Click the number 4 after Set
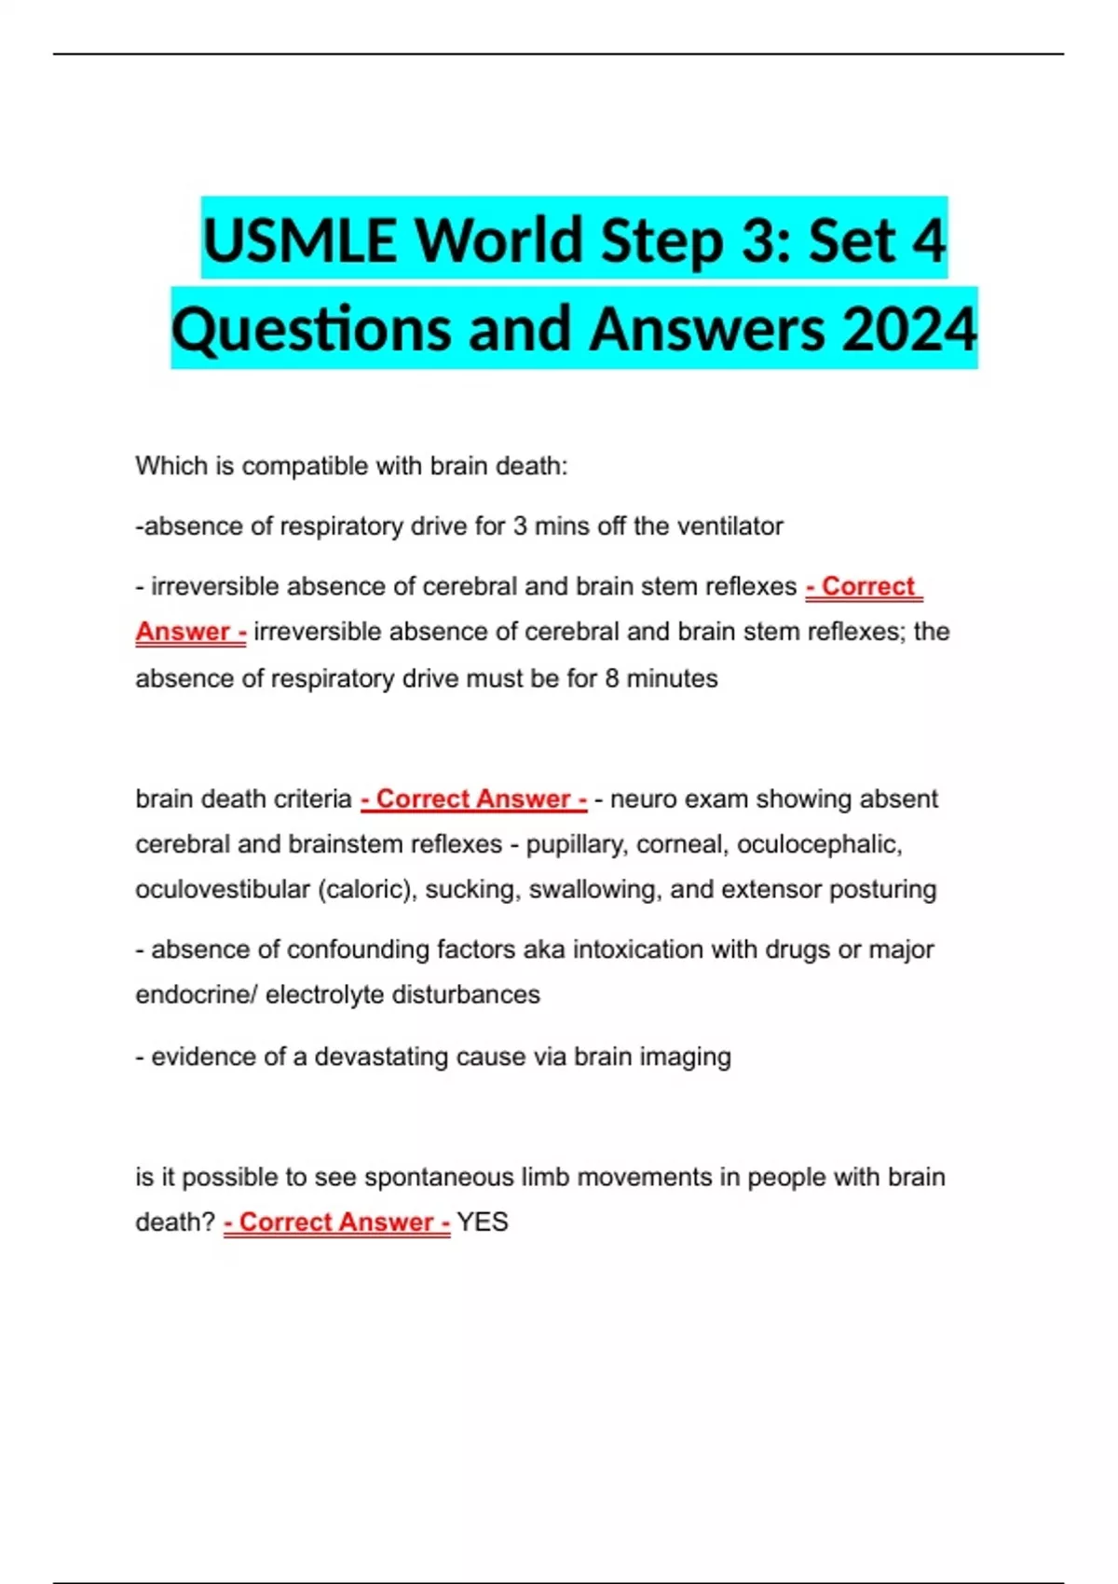(928, 239)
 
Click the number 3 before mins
(520, 526)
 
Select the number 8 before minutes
(612, 678)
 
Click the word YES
(483, 1222)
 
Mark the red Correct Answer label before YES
(337, 1222)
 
